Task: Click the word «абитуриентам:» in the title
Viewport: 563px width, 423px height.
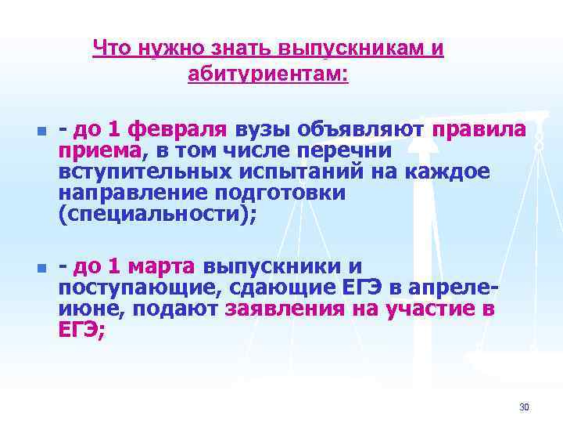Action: click(x=268, y=75)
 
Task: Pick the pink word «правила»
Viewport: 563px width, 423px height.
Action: click(x=479, y=128)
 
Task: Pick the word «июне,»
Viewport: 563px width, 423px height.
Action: click(x=90, y=309)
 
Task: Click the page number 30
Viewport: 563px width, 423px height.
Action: click(x=524, y=407)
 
